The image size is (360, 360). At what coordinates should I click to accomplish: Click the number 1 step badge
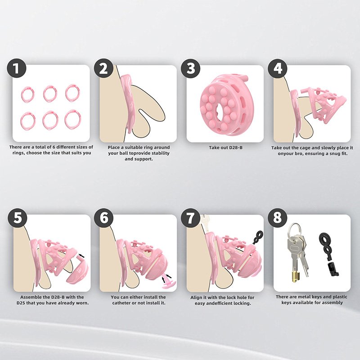pyautogui.click(x=16, y=68)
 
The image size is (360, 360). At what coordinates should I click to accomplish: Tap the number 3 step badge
pyautogui.click(x=190, y=68)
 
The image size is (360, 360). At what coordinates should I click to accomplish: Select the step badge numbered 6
pyautogui.click(x=104, y=218)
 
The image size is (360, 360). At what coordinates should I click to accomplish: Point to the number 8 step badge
pyautogui.click(x=277, y=217)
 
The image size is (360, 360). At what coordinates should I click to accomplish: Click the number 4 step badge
pyautogui.click(x=278, y=68)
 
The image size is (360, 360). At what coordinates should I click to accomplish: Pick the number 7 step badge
pyautogui.click(x=190, y=218)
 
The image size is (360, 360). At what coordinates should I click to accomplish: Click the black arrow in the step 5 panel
pyautogui.click(x=81, y=255)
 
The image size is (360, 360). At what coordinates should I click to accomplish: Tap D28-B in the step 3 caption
pyautogui.click(x=235, y=148)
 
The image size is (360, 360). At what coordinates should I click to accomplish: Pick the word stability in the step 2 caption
pyautogui.click(x=159, y=153)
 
